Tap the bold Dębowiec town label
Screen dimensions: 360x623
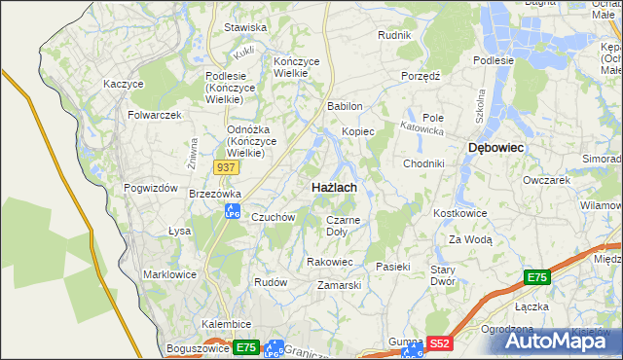tap(496, 147)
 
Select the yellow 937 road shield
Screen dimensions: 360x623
tap(226, 167)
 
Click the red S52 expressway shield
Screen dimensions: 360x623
tap(440, 343)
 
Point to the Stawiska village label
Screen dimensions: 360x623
tap(245, 28)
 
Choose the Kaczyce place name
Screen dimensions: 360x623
tap(124, 84)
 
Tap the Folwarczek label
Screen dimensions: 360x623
tap(155, 115)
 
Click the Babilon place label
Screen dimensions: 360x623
tap(345, 106)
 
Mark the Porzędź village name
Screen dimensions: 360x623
tap(421, 75)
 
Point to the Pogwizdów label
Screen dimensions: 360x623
tap(150, 188)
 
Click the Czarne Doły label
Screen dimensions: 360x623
tap(343, 226)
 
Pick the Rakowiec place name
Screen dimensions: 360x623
tap(329, 262)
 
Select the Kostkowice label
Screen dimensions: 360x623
tap(459, 212)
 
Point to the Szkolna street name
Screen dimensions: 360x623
tap(479, 101)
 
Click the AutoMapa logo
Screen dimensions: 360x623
tap(556, 341)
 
